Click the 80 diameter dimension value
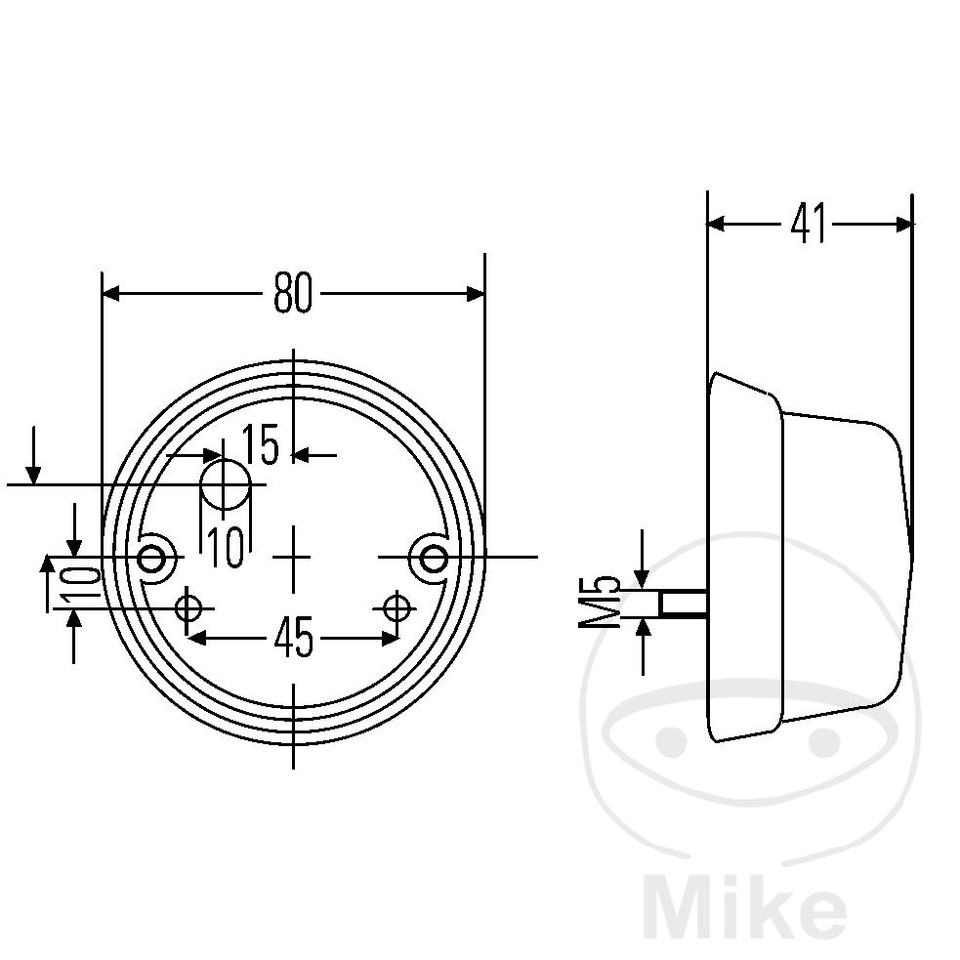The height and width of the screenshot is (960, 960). point(293,293)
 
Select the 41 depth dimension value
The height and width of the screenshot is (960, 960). point(809,224)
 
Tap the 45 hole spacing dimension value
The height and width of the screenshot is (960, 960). point(294,638)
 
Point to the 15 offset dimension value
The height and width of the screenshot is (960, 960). point(261,444)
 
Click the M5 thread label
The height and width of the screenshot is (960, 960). point(600,602)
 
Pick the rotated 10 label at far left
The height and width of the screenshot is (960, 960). point(81,583)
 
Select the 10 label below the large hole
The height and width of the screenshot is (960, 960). point(226,547)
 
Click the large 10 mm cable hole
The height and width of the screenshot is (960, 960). point(226,484)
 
